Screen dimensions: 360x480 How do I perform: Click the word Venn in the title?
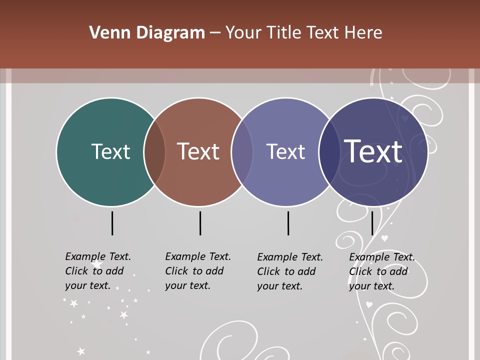click(x=104, y=33)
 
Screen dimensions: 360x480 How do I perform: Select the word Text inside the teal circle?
click(x=111, y=151)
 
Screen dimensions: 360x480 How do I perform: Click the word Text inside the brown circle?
click(x=198, y=151)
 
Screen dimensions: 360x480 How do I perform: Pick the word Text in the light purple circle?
click(x=285, y=151)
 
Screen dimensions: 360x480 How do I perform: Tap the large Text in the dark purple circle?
click(x=373, y=151)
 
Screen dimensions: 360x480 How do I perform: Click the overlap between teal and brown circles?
click(x=154, y=152)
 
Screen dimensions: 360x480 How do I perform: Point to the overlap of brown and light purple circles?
click(x=242, y=152)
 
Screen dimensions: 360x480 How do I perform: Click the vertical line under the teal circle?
click(x=112, y=223)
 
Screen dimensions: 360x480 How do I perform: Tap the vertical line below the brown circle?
click(x=200, y=223)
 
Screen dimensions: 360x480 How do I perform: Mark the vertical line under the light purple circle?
click(x=288, y=223)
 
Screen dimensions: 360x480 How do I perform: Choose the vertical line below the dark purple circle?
click(x=372, y=223)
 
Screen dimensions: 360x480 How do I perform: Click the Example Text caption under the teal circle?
click(x=97, y=271)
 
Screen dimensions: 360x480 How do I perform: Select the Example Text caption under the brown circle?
click(x=197, y=271)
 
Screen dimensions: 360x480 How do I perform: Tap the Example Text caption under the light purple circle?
click(x=289, y=271)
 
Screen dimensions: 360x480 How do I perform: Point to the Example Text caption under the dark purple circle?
click(x=381, y=271)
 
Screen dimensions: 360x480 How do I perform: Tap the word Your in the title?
click(x=244, y=33)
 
